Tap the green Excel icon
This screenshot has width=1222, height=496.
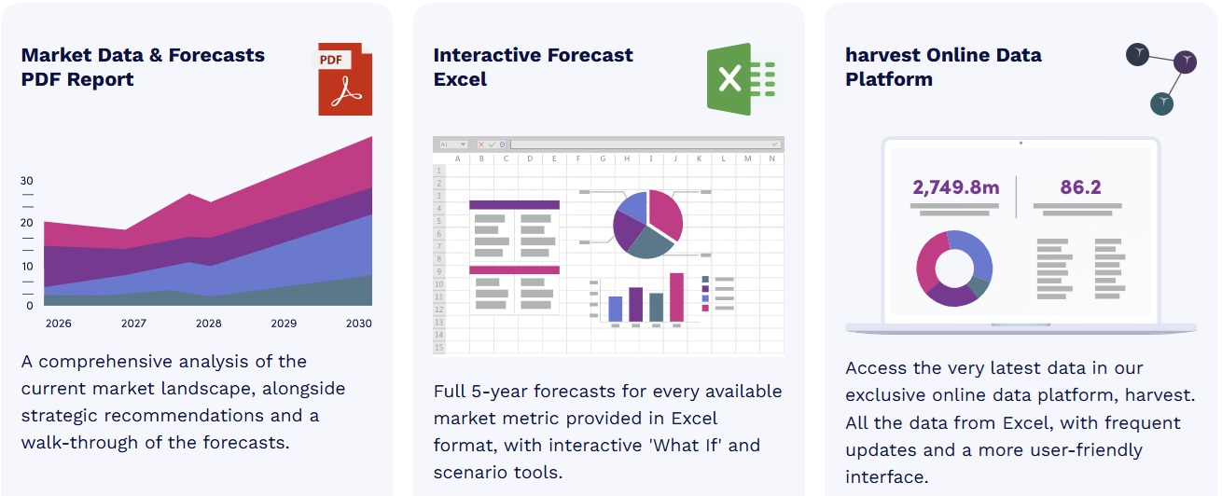[x=744, y=79]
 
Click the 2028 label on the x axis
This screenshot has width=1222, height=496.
[x=208, y=324]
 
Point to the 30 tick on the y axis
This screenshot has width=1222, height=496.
[x=27, y=181]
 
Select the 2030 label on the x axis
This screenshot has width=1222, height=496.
[x=358, y=324]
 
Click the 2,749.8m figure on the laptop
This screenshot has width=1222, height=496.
[x=956, y=187]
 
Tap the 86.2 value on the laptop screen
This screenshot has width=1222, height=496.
[x=1080, y=187]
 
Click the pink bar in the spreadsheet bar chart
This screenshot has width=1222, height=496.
[x=676, y=297]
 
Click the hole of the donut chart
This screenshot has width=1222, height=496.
[x=954, y=269]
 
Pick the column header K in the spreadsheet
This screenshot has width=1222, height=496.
[x=699, y=158]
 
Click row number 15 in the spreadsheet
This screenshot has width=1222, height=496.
[x=439, y=347]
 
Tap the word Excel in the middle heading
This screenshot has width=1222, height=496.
[x=460, y=79]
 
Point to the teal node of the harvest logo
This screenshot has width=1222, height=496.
[x=1161, y=103]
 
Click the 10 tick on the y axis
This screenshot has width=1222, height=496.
[x=27, y=267]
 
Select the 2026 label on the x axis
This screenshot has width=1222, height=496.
[x=59, y=324]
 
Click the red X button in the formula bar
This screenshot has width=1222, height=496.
[x=480, y=145]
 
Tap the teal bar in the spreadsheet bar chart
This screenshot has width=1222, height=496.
[x=657, y=308]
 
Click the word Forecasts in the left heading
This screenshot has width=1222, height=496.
[x=216, y=55]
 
